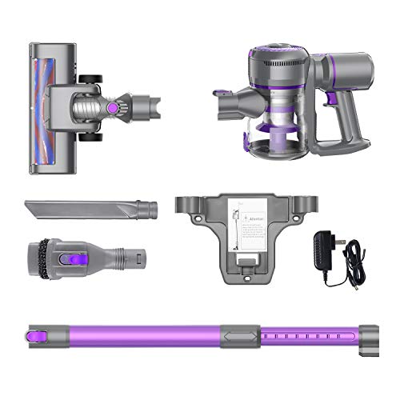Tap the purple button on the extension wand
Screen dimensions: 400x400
(x=34, y=330)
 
